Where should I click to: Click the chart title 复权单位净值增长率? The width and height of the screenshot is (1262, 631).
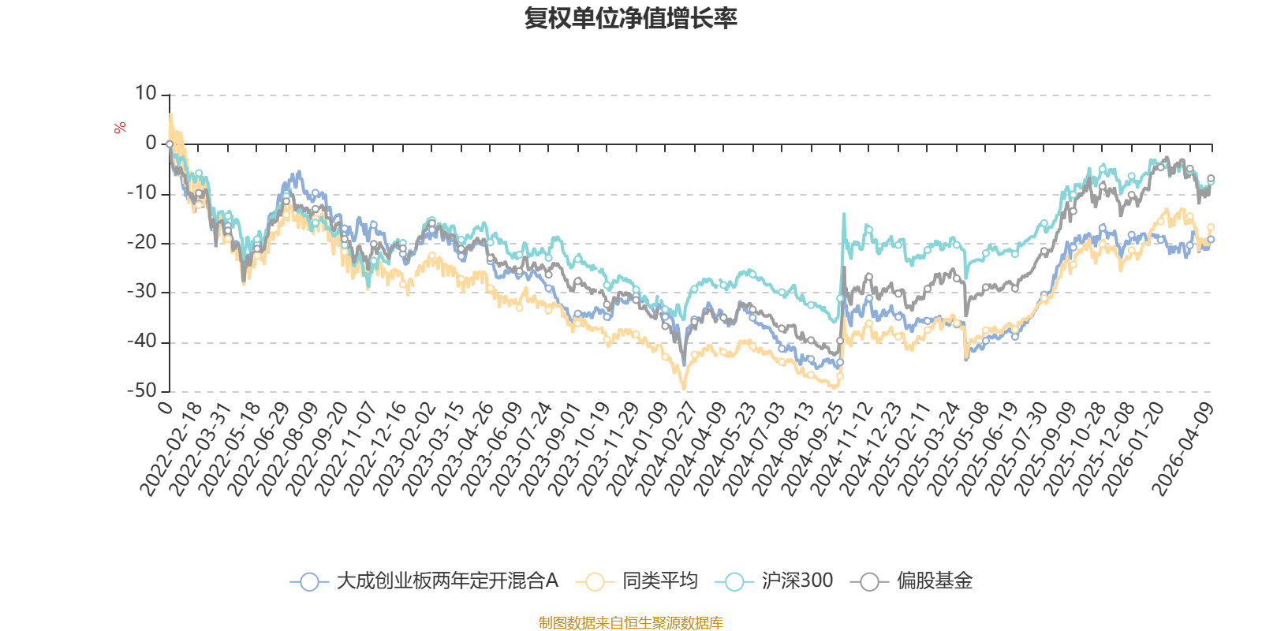click(x=630, y=18)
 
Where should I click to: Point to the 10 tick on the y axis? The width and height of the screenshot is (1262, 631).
click(x=146, y=94)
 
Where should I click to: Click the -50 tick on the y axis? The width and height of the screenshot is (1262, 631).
click(x=142, y=390)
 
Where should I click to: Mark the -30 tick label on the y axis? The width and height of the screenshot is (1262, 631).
click(x=142, y=292)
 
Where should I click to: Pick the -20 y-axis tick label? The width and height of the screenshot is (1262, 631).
click(x=142, y=242)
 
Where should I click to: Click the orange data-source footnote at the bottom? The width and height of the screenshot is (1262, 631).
click(x=630, y=623)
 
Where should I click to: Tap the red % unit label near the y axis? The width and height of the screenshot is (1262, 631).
click(x=120, y=128)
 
